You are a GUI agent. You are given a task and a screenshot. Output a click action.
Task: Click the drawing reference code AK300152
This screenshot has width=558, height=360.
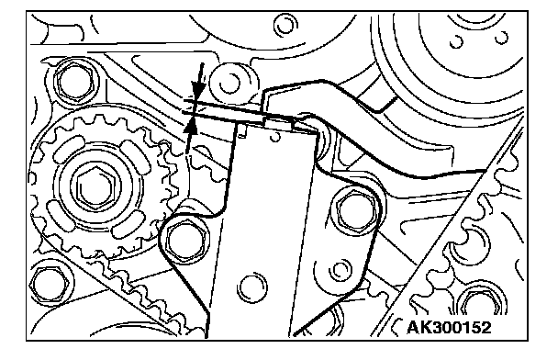[x=449, y=327]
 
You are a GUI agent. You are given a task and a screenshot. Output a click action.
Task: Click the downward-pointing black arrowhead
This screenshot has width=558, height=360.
[x=198, y=89]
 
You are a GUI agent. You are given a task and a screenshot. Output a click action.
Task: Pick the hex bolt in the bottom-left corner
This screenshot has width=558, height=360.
[x=50, y=284]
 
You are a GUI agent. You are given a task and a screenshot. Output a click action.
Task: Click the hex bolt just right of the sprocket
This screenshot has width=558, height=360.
[x=185, y=240]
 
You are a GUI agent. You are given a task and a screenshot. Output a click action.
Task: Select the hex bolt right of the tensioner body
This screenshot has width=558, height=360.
[x=357, y=210]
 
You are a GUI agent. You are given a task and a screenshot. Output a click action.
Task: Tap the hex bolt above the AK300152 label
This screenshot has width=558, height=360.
[x=483, y=305]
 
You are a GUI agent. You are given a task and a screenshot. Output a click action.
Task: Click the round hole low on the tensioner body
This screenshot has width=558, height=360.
[x=252, y=287]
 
